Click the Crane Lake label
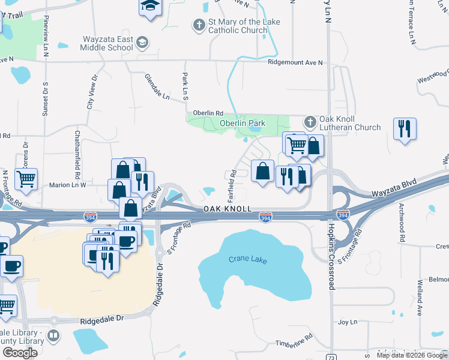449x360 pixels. (247, 260)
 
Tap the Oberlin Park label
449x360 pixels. (242, 124)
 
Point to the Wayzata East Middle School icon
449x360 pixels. (142, 42)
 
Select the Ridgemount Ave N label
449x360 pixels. (295, 62)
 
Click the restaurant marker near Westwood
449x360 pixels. (404, 128)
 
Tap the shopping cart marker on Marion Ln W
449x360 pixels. (26, 178)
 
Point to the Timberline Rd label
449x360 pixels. (295, 341)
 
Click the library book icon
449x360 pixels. (53, 336)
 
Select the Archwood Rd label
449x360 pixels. (402, 223)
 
